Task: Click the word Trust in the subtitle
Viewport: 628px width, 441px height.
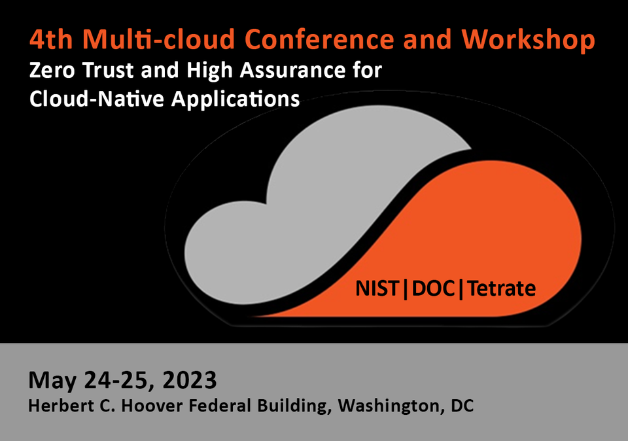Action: [x=105, y=70]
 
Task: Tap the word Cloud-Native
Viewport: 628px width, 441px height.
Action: [x=92, y=99]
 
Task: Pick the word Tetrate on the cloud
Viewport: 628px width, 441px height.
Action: [x=500, y=288]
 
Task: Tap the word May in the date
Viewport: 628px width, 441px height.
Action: [x=50, y=380]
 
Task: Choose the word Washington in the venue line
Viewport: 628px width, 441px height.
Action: [x=389, y=406]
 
